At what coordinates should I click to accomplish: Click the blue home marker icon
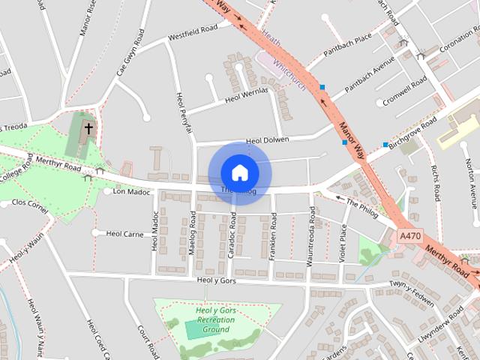pos(239,172)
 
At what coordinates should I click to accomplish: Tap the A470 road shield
pos(410,235)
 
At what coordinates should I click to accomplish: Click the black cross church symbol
pos(88,128)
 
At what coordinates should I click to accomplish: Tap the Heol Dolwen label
pos(267,139)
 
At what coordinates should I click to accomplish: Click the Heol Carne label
pos(124,234)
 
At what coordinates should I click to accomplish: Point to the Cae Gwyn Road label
pos(128,53)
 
